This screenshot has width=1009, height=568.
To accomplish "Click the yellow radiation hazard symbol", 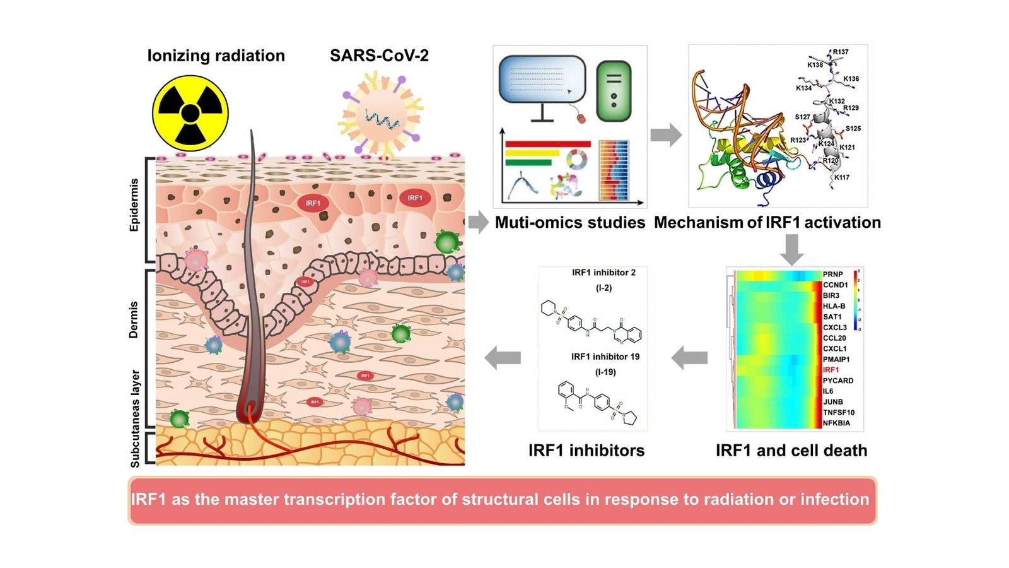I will [x=190, y=114].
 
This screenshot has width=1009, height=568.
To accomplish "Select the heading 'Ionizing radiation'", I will [x=216, y=56].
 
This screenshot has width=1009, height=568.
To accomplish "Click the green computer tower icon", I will [x=613, y=91].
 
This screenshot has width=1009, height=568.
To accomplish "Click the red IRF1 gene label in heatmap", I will [x=831, y=370].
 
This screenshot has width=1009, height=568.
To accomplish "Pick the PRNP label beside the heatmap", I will [x=832, y=274].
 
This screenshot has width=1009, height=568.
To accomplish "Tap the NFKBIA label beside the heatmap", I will [x=836, y=423].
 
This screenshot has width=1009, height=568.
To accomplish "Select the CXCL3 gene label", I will [x=834, y=328].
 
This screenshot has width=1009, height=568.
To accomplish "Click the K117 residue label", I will [x=841, y=177].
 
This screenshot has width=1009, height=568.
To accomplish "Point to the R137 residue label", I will [x=840, y=52].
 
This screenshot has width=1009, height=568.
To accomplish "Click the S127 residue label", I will [x=802, y=117].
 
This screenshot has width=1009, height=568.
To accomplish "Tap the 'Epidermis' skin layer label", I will [x=134, y=205].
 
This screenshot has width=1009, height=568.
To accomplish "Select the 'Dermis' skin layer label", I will [x=134, y=319].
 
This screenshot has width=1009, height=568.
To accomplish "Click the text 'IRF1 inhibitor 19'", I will [x=605, y=357].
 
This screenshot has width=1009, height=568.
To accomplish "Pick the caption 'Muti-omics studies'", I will [x=570, y=222].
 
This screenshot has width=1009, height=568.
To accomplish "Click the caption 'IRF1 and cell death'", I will [x=791, y=450].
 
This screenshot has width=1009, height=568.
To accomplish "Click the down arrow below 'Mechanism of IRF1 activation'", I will [x=791, y=249].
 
